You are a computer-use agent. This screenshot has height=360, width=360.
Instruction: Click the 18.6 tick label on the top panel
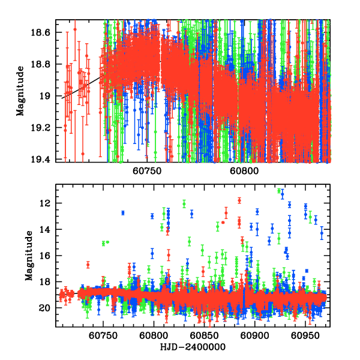44,33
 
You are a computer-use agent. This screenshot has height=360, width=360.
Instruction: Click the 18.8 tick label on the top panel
44,64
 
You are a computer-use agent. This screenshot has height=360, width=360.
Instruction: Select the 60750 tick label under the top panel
146,170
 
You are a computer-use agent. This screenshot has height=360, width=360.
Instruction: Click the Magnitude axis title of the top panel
20,91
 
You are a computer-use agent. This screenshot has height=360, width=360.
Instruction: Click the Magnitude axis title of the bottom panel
29,255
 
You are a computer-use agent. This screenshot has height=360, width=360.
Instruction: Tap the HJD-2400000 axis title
192,347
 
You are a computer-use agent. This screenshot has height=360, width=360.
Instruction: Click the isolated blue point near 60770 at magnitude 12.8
123,213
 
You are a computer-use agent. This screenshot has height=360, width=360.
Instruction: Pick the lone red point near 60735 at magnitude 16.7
88,265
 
